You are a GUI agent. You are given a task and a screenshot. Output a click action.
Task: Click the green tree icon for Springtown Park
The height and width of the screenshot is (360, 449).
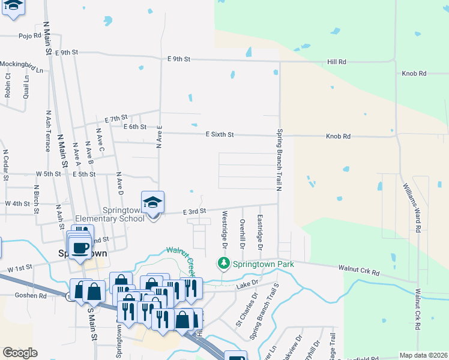pos(223,263)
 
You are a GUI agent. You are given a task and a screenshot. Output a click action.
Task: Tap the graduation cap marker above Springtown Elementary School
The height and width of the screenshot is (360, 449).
pos(152,202)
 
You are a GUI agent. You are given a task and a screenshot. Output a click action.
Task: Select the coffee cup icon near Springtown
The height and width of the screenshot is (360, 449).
pos(79,247)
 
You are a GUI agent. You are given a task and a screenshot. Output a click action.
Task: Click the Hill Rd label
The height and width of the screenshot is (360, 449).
pos(337,61)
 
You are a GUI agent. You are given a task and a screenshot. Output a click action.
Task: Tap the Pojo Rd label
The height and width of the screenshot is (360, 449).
pos(28,35)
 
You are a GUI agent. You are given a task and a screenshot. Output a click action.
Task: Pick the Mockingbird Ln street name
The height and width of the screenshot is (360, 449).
pos(22,67)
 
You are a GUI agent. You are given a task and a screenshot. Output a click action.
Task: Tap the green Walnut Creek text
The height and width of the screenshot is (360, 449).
pos(181,259)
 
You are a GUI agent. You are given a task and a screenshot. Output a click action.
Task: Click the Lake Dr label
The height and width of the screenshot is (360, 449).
pos(247,283)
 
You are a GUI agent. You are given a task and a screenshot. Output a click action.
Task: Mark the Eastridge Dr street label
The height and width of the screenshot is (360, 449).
pos(261,232)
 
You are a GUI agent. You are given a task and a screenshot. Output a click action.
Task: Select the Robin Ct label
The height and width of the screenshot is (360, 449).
pos(8,85)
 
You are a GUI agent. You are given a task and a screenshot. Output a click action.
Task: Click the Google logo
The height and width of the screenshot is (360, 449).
pos(20,353)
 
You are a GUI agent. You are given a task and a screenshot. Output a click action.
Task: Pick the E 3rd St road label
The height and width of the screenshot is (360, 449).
pos(194,211)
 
